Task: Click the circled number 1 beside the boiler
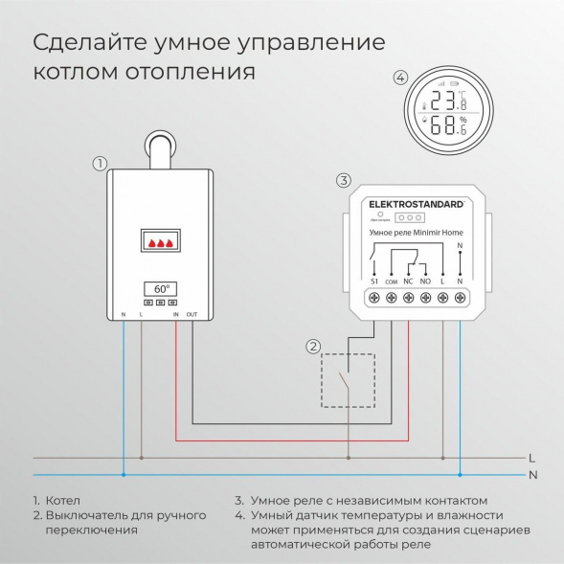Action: (x=99, y=163)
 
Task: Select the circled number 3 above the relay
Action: (x=345, y=180)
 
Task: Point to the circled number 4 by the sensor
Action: (x=400, y=78)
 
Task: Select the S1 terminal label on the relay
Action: (x=373, y=282)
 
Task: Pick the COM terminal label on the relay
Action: (x=392, y=282)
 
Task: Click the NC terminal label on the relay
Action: (x=409, y=282)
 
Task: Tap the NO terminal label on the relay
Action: (x=425, y=282)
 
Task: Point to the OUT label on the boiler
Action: (x=192, y=314)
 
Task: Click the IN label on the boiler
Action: (x=175, y=314)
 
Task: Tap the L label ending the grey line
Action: (x=532, y=458)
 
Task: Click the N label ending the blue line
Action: (x=532, y=474)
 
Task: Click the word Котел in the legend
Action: (x=63, y=501)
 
